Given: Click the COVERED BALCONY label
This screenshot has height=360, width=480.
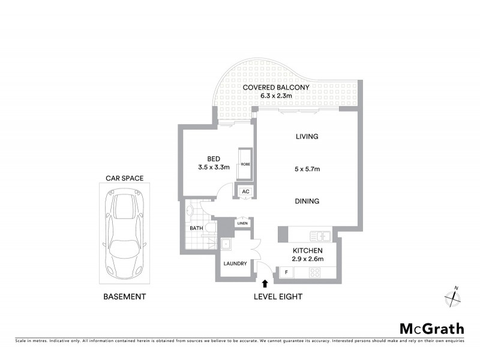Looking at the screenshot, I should coord(276,88).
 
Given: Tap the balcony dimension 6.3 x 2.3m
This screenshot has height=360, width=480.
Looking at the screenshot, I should coord(276,96).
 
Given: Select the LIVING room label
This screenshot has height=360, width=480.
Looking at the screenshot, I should coord(307,137).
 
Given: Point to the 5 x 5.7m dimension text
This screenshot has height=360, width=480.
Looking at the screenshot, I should coord(307,169).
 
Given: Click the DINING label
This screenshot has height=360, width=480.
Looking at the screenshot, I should coord(307,202).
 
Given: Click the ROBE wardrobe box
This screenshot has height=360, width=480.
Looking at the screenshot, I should coord(245,164).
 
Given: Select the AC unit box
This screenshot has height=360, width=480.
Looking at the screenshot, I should coord(245,192).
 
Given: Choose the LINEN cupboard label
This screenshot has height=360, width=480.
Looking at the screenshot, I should coord(243,223).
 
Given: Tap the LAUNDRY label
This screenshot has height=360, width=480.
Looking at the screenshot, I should coord(235,263).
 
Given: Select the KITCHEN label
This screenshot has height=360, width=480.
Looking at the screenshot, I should coord(308,251).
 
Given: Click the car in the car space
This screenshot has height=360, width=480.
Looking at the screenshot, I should coord(125,233).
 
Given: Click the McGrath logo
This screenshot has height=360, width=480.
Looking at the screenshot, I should coord(432,328).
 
